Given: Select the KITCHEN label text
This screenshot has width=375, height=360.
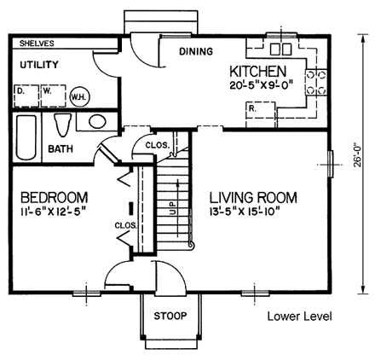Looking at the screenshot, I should (258, 73).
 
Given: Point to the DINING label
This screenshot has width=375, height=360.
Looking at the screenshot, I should (195, 52).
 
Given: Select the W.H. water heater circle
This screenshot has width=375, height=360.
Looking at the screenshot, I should (81, 96).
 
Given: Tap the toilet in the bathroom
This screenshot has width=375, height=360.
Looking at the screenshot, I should (61, 125).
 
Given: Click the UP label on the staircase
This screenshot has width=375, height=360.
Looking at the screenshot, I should (173, 206).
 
